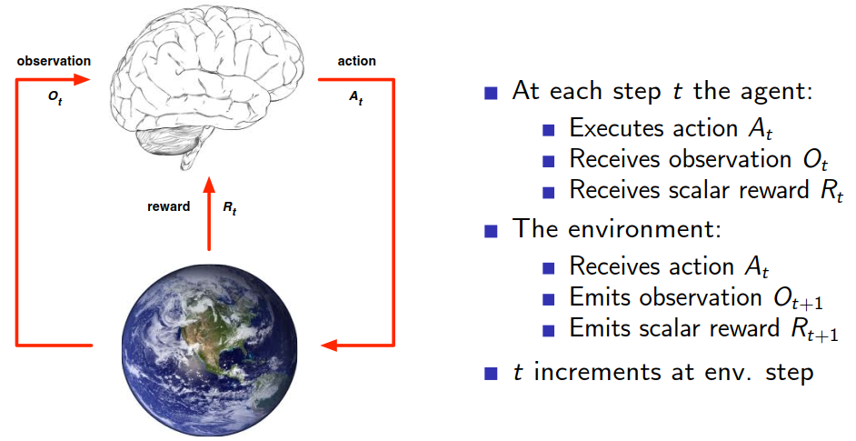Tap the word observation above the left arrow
[x=54, y=61]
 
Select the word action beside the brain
[x=356, y=61]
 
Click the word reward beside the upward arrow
[x=168, y=206]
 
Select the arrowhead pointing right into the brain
[x=84, y=79]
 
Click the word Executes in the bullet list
[x=613, y=127]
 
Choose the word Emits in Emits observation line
[x=596, y=297]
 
